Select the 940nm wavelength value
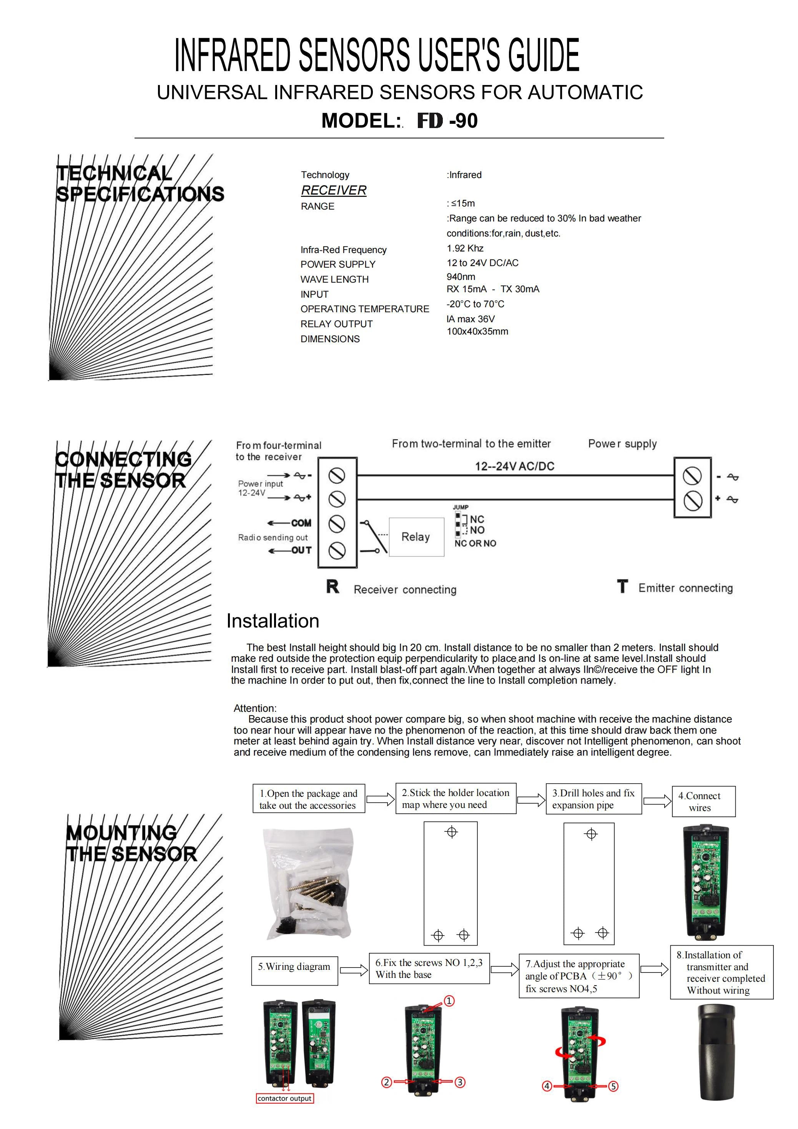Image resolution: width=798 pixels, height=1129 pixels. pos(461,276)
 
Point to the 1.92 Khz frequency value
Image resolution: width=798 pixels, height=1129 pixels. pos(465,248)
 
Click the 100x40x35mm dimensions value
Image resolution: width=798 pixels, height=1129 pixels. pos(477,331)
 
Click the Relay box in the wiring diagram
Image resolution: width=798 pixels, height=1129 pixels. pos(416,536)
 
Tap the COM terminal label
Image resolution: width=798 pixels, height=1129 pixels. pos(301,523)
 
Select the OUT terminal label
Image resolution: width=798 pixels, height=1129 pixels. pos(301,550)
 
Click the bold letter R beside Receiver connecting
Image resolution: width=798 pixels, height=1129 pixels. pos(332,587)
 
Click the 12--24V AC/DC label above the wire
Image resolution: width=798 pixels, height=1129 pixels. pos(514,466)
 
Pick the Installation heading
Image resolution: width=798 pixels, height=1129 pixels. pos(273,621)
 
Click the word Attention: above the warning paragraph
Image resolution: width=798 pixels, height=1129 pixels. pos(255,708)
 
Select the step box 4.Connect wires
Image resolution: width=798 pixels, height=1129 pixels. pos(703,801)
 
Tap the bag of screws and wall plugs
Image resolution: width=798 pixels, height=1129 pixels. pos(308,883)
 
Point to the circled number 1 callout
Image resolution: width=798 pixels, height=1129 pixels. pos(449,1001)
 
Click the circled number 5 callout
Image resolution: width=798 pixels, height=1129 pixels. pos(613,1086)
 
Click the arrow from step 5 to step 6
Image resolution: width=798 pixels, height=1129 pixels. pos(353,970)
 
